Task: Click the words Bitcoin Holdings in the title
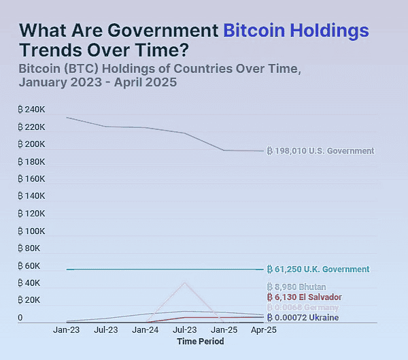pos(296,31)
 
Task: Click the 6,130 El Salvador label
pos(303,297)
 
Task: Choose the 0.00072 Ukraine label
pos(303,317)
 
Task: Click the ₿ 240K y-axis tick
pos(32,110)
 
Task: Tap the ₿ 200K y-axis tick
pos(32,144)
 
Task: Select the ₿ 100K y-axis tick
pos(32,231)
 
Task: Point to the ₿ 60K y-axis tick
pos(30,266)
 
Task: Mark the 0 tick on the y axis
pos(20,318)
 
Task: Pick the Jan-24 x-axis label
pos(146,330)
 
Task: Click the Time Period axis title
pos(200,342)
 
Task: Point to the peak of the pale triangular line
pos(184,282)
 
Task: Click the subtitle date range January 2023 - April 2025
pos(98,83)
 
